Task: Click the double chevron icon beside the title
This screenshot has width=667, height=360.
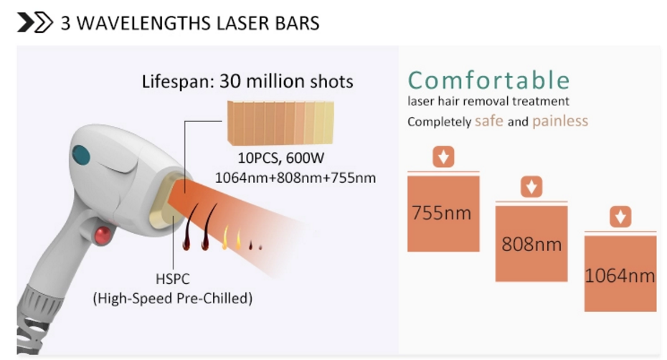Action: coord(35,22)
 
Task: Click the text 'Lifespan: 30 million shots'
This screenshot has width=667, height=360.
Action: coord(247,81)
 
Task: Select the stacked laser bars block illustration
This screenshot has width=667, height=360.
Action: coord(280,123)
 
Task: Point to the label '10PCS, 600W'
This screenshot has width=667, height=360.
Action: coord(280,158)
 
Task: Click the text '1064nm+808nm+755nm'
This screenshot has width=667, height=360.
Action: coord(295,177)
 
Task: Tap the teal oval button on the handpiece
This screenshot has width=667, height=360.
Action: coord(81,155)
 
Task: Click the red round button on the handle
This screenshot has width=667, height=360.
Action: coord(103,235)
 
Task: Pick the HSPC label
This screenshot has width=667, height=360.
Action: coord(172,279)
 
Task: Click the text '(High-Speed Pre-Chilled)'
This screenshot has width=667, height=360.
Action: coord(172,298)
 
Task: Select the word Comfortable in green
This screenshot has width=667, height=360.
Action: coord(488,80)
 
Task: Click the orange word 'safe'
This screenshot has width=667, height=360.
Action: coord(488,121)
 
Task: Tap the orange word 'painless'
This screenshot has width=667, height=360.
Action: coord(560,121)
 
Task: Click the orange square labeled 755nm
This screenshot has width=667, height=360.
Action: coord(443,214)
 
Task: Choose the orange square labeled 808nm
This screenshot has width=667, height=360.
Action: coord(531,244)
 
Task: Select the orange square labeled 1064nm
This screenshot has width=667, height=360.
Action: coord(620,274)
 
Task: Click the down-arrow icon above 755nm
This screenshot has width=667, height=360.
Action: coord(443,156)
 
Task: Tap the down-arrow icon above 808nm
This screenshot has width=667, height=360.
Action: coord(531,186)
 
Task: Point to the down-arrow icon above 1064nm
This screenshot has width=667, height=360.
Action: coord(620,217)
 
